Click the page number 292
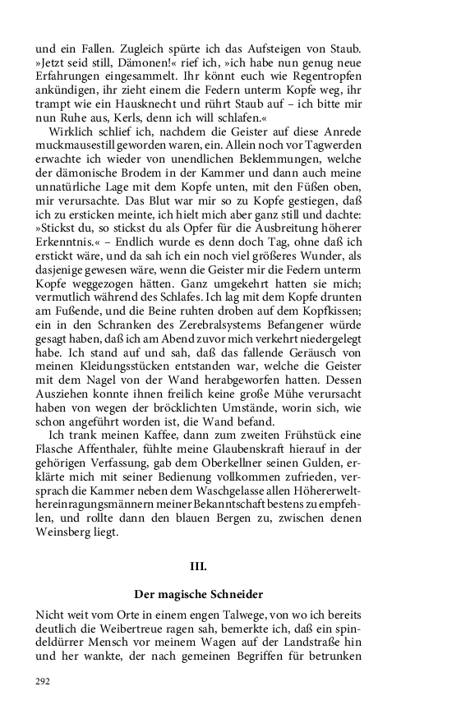point(44,681)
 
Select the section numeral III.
point(198,566)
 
